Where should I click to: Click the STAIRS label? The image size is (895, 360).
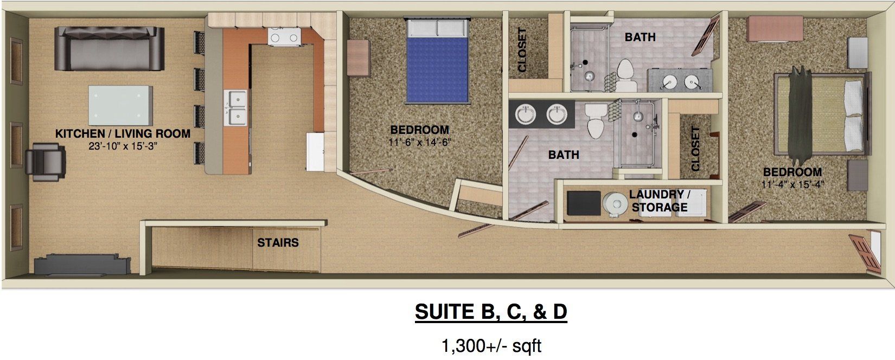(x=278, y=242)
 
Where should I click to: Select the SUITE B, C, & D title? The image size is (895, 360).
(x=490, y=312)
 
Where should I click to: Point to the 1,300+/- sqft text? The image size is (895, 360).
(x=491, y=345)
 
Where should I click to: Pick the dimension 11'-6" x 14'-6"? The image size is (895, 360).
(x=420, y=142)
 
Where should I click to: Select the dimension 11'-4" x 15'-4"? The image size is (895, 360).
(x=792, y=184)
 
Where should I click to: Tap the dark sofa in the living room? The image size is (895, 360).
(x=109, y=49)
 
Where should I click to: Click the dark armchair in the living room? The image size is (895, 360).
(x=46, y=162)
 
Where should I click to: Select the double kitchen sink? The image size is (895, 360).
(x=236, y=107)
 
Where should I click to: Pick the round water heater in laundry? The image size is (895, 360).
(x=615, y=203)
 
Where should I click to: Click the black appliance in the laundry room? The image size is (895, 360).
(x=583, y=203)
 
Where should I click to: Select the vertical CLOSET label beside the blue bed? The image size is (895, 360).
(x=523, y=50)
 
